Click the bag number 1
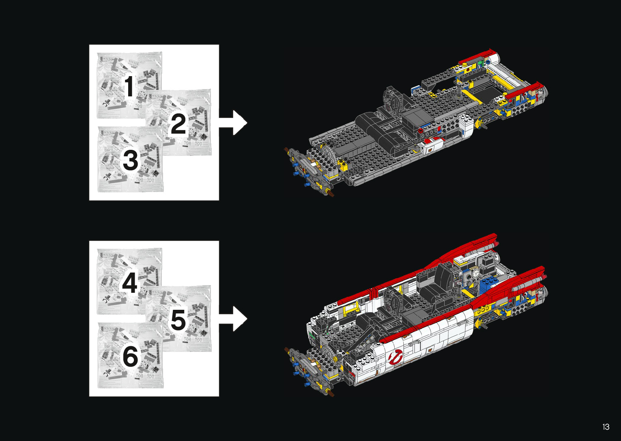[129, 86]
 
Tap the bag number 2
[178, 124]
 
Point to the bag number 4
[129, 282]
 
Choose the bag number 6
[130, 357]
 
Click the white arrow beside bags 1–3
[233, 123]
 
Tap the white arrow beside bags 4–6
[233, 319]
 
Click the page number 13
[606, 427]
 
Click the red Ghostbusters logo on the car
[395, 357]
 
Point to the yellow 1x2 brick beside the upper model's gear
[343, 165]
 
